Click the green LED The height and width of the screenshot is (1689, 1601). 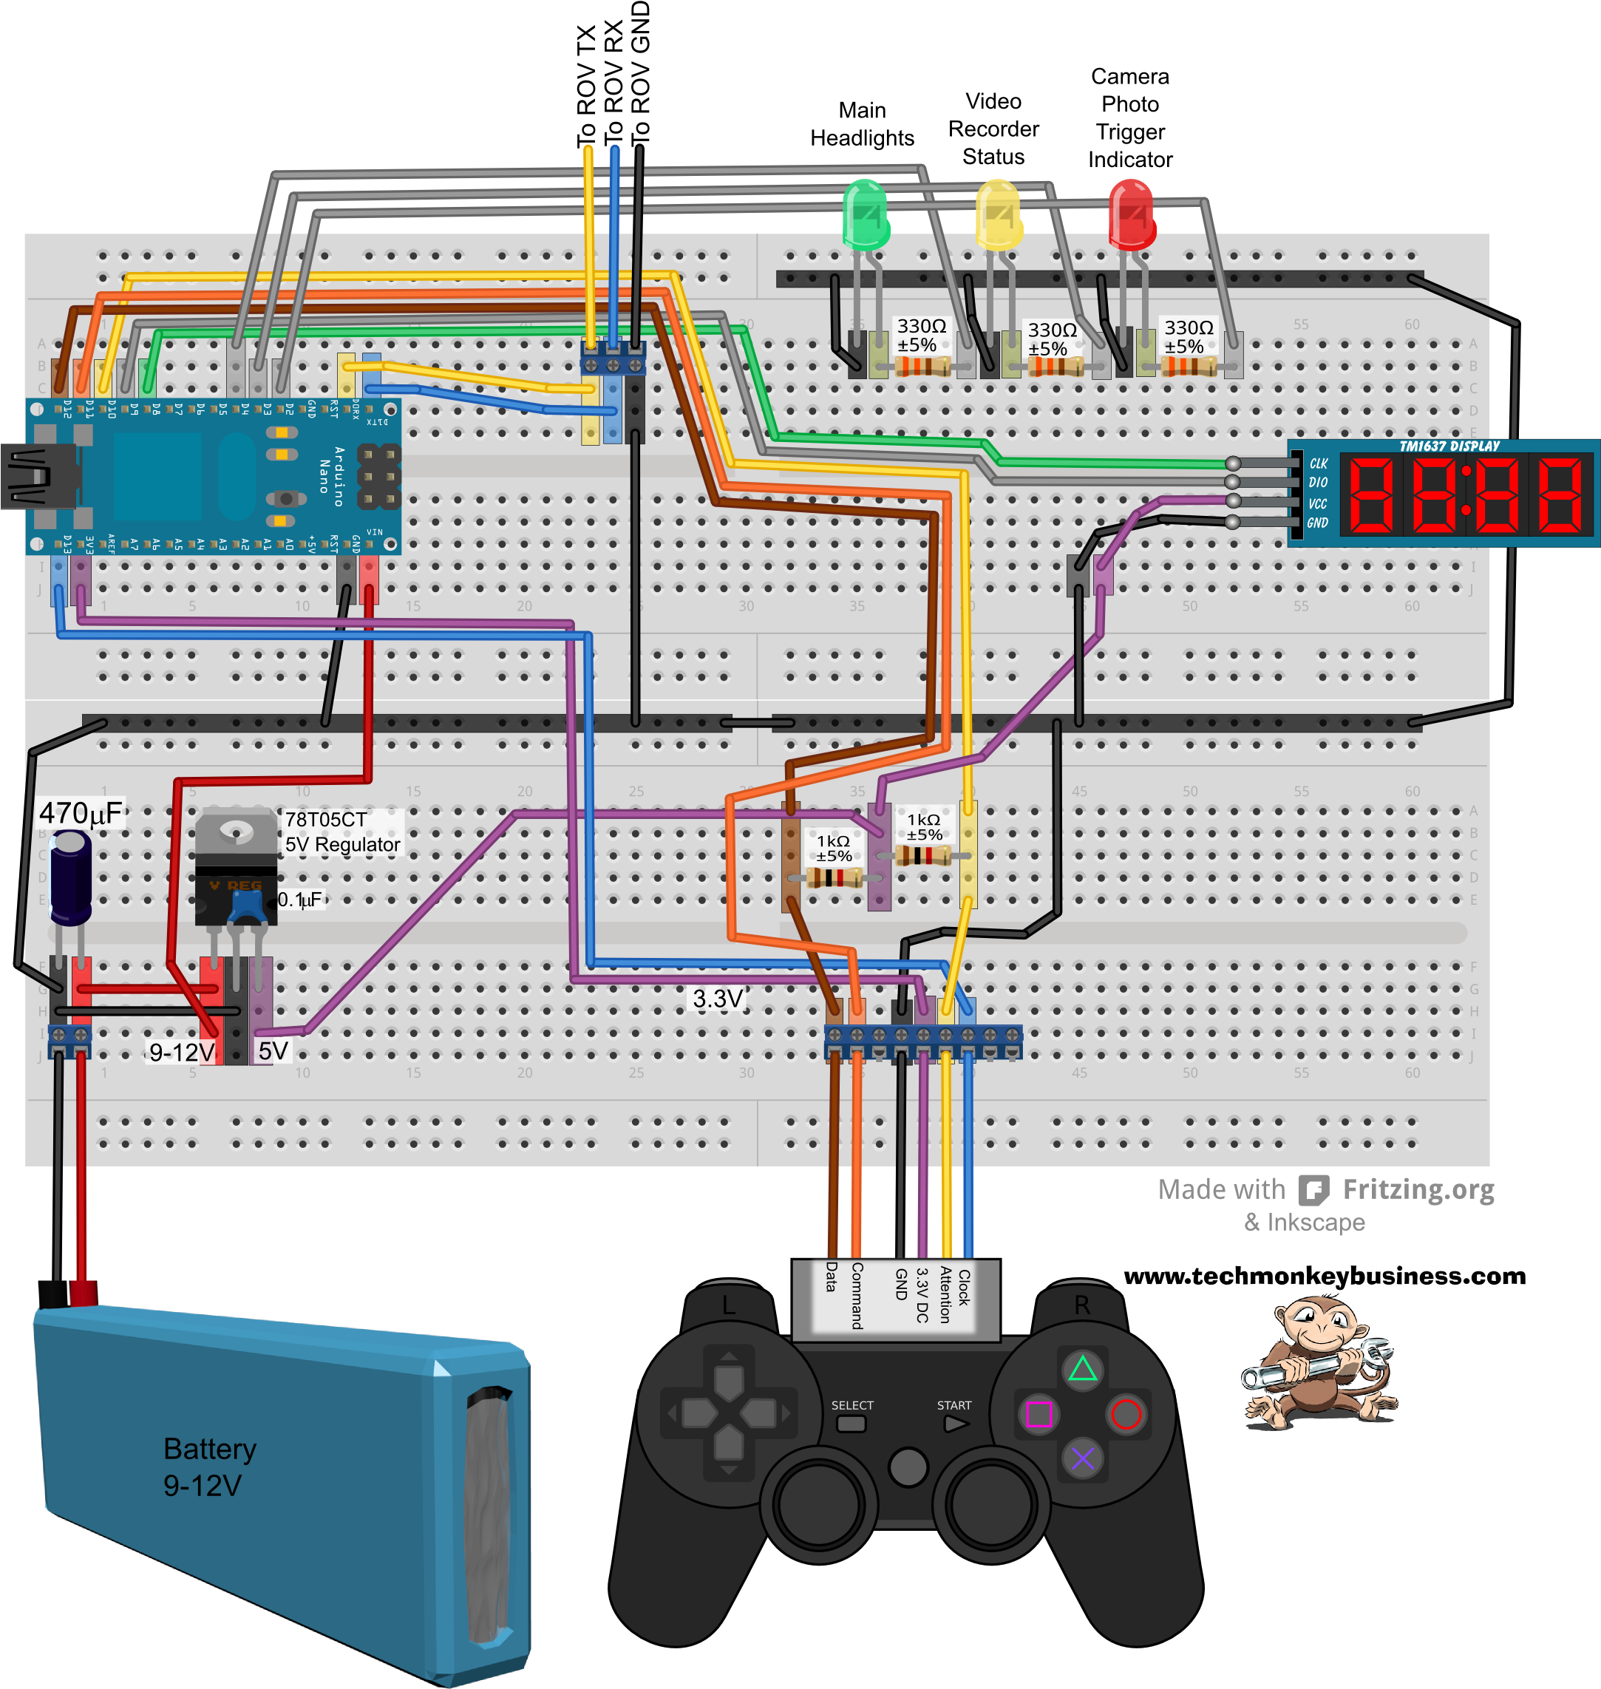coord(866,214)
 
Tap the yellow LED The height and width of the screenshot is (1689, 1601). coord(998,214)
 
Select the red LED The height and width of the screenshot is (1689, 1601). coord(1131,214)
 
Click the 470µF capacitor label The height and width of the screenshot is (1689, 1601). coord(81,813)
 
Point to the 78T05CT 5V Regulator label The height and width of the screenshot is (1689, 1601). coord(341,832)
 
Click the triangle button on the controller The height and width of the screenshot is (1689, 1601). coord(1082,1370)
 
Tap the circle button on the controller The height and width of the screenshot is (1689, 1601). coord(1126,1414)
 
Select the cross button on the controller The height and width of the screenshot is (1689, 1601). coord(1082,1458)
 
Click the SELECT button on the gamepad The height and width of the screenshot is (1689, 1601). coord(851,1424)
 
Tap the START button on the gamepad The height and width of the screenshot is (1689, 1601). coord(955,1424)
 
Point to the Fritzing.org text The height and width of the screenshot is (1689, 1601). coord(1418,1189)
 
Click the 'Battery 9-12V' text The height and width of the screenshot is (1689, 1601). coord(209,1467)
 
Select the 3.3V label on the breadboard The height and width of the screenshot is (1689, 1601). coord(718,999)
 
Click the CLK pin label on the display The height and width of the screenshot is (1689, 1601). coord(1319,463)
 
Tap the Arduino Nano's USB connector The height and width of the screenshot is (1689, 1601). coord(34,476)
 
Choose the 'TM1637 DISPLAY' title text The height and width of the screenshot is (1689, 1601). coord(1449,446)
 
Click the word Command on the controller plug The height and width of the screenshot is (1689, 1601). coord(857,1296)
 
